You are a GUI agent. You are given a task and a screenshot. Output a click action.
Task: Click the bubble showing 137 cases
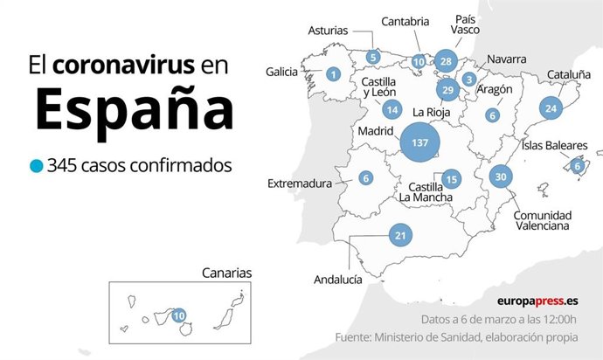pyautogui.click(x=419, y=142)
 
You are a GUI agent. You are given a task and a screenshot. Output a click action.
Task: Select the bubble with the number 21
pyautogui.click(x=401, y=235)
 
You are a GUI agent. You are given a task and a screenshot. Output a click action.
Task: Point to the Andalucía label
pyautogui.click(x=337, y=280)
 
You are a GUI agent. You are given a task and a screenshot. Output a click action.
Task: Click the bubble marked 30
pyautogui.click(x=501, y=177)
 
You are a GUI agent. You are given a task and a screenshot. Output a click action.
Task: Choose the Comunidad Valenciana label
pyautogui.click(x=542, y=220)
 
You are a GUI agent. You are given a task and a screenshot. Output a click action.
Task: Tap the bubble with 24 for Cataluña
pyautogui.click(x=550, y=109)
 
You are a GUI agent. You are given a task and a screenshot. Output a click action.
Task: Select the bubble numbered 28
pyautogui.click(x=446, y=61)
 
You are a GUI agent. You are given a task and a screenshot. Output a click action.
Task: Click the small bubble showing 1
pyautogui.click(x=333, y=74)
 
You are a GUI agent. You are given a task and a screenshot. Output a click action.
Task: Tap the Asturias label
pyautogui.click(x=329, y=30)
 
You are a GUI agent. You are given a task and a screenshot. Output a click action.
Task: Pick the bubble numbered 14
pyautogui.click(x=392, y=110)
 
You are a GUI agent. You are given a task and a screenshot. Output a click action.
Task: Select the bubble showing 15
pyautogui.click(x=451, y=179)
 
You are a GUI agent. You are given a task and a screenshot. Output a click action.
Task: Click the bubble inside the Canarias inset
pyautogui.click(x=179, y=315)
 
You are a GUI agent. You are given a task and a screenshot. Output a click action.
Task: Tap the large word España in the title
pyautogui.click(x=135, y=111)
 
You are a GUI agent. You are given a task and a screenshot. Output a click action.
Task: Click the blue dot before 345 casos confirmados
pyautogui.click(x=36, y=165)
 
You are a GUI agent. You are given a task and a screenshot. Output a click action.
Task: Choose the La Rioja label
pyautogui.click(x=431, y=112)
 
